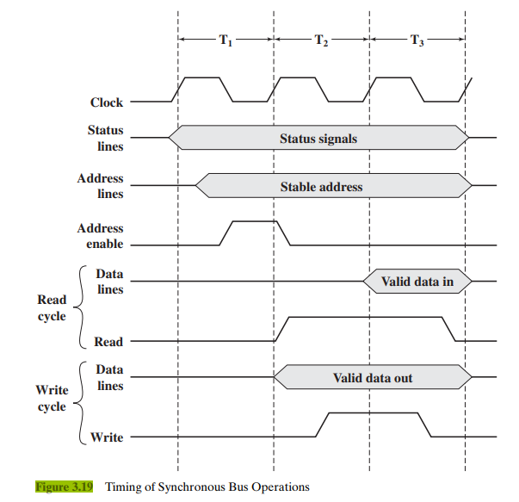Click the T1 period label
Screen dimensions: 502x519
(226, 41)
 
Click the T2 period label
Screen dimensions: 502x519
(320, 41)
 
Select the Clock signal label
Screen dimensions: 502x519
(107, 102)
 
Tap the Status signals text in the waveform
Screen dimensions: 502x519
(318, 138)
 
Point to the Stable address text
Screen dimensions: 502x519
(321, 186)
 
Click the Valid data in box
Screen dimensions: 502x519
(417, 281)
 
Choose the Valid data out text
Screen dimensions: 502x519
(373, 377)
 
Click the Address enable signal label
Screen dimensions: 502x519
(100, 236)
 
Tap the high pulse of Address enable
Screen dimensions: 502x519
(250, 221)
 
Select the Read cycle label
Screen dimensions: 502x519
(52, 308)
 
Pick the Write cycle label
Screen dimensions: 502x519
(52, 399)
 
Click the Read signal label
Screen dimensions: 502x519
(108, 342)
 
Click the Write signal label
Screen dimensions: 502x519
(107, 437)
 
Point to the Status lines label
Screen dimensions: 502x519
(105, 139)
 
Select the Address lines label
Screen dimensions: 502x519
(100, 186)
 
